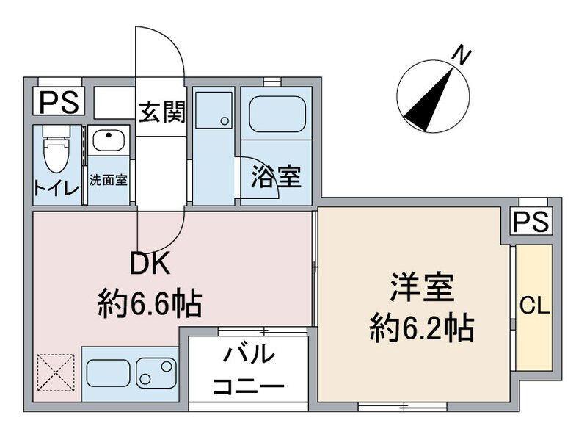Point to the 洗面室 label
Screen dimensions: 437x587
tap(109, 179)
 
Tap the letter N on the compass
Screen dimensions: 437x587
tap(461, 54)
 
